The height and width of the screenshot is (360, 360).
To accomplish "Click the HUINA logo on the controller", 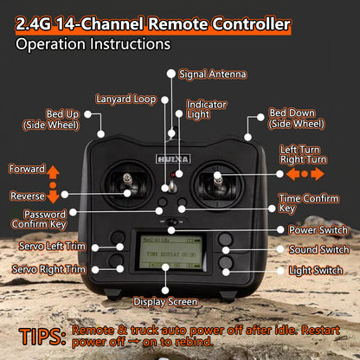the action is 173,159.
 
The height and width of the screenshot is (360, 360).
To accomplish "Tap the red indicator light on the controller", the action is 172,175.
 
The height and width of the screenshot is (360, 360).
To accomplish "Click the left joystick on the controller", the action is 127,184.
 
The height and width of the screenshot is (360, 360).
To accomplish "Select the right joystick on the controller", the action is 218,183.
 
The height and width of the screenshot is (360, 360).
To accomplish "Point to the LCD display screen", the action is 171,251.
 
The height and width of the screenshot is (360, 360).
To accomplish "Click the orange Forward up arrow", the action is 53,172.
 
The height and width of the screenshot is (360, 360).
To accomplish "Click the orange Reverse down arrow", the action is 53,196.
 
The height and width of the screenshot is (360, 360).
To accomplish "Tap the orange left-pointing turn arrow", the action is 293,174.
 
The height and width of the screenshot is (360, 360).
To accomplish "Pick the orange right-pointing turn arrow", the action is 318,174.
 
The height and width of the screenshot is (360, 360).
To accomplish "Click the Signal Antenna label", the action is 213,74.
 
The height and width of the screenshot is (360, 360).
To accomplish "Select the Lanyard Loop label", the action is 126,100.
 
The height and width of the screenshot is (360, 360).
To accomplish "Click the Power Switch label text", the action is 318,230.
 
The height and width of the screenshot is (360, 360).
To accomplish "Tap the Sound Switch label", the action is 319,249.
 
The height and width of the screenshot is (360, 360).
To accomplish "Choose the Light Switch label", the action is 316,271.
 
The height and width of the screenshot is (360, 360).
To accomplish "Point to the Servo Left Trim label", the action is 52,246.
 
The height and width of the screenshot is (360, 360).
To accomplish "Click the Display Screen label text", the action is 165,302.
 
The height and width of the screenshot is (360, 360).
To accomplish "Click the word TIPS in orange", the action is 42,337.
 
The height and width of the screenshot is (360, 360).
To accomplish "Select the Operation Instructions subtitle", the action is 93,44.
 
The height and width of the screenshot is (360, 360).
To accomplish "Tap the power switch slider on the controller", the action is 172,222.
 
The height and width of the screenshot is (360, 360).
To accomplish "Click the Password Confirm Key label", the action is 39,219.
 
